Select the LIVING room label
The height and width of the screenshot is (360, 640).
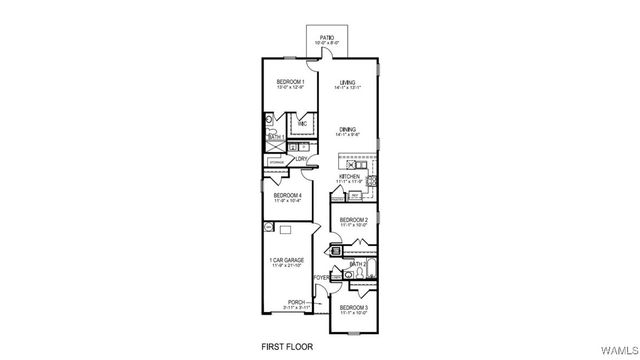(347, 82)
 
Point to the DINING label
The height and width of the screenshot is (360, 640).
(347, 130)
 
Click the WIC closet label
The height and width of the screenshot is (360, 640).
(302, 124)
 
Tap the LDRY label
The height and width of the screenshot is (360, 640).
(301, 159)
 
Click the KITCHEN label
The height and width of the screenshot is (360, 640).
(349, 176)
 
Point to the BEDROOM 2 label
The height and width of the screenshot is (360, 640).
(354, 219)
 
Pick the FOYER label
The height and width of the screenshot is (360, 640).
(321, 277)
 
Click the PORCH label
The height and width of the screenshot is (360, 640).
(296, 301)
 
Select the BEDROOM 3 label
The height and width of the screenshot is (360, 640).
(354, 307)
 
